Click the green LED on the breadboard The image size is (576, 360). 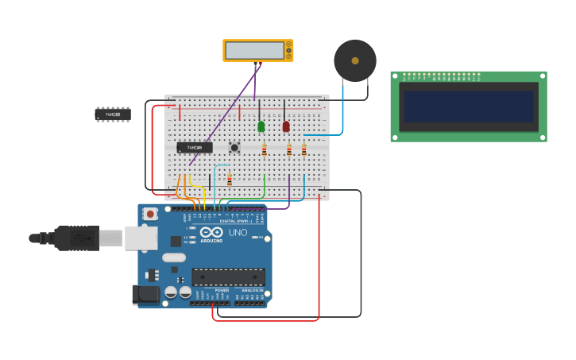tap(261, 126)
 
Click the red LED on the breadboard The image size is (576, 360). tap(286, 126)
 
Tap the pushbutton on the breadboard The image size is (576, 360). tap(234, 147)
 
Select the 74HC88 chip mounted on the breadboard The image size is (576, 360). tap(195, 147)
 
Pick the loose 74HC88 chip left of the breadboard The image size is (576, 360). tap(113, 114)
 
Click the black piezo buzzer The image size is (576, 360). tap(355, 60)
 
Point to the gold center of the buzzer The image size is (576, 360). tap(355, 60)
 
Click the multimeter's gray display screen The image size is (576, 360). tap(254, 50)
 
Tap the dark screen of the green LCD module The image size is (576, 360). tap(468, 106)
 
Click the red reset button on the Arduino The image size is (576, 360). tap(150, 214)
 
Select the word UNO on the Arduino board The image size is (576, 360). tap(238, 233)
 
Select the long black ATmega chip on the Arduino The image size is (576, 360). tap(228, 277)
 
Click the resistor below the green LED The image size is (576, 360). tap(265, 149)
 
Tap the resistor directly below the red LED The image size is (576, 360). tap(289, 149)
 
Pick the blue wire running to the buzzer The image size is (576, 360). tap(342, 111)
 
